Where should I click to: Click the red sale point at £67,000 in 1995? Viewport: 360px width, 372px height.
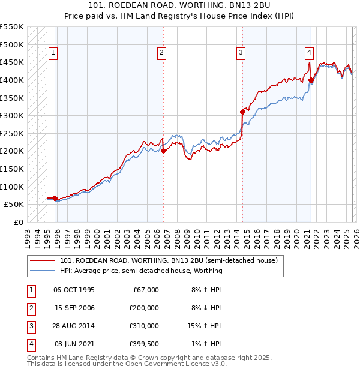(55, 198)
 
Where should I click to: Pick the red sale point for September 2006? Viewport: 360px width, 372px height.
(164, 151)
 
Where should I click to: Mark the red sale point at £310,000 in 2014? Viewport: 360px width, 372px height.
(242, 112)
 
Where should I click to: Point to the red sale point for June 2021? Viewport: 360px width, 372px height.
(311, 80)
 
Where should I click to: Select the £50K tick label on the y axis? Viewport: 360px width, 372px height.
(14, 204)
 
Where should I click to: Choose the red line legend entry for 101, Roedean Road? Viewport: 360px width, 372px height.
(169, 261)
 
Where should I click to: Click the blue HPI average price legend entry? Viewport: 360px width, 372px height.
(141, 271)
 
